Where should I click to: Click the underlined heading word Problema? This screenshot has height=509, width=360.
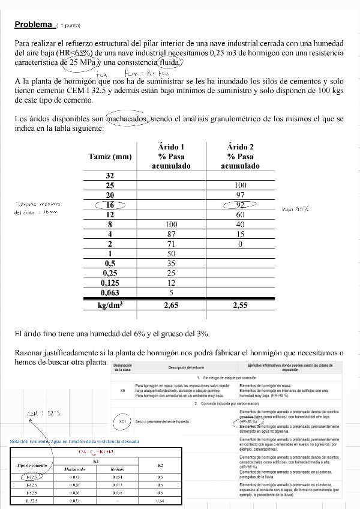click(34, 25)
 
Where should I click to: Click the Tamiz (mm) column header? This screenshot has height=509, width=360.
click(110, 157)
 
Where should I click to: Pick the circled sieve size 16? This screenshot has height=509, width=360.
click(110, 205)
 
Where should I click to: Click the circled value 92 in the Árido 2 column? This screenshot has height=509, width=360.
click(240, 205)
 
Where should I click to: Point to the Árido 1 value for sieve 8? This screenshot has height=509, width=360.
click(171, 224)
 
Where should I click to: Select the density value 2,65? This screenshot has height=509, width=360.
click(171, 305)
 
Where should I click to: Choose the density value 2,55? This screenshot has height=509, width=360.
click(240, 305)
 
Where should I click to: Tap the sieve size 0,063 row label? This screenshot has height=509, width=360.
click(110, 292)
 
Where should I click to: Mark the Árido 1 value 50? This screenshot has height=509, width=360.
click(171, 253)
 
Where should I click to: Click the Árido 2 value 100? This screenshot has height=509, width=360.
click(240, 185)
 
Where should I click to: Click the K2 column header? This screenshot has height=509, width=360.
click(160, 465)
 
